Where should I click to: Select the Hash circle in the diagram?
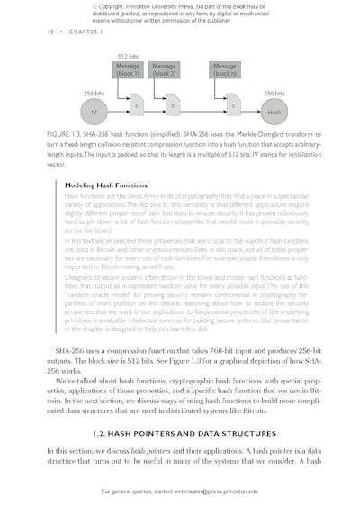(x=274, y=112)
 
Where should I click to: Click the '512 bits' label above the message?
(x=128, y=57)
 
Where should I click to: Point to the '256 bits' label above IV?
(x=94, y=93)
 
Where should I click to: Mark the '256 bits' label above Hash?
(x=274, y=93)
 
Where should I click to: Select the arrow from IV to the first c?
(x=117, y=112)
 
